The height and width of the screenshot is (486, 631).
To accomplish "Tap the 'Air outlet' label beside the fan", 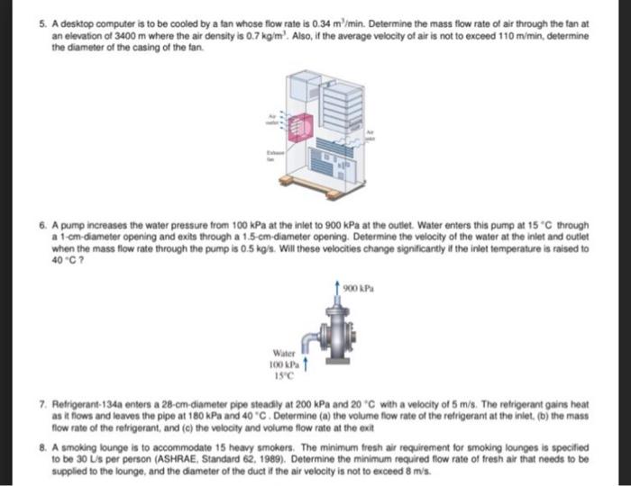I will coord(270,119).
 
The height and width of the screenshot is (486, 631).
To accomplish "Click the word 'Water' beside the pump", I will coord(285,353).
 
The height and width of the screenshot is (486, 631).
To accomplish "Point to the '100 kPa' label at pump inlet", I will coord(282,364).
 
